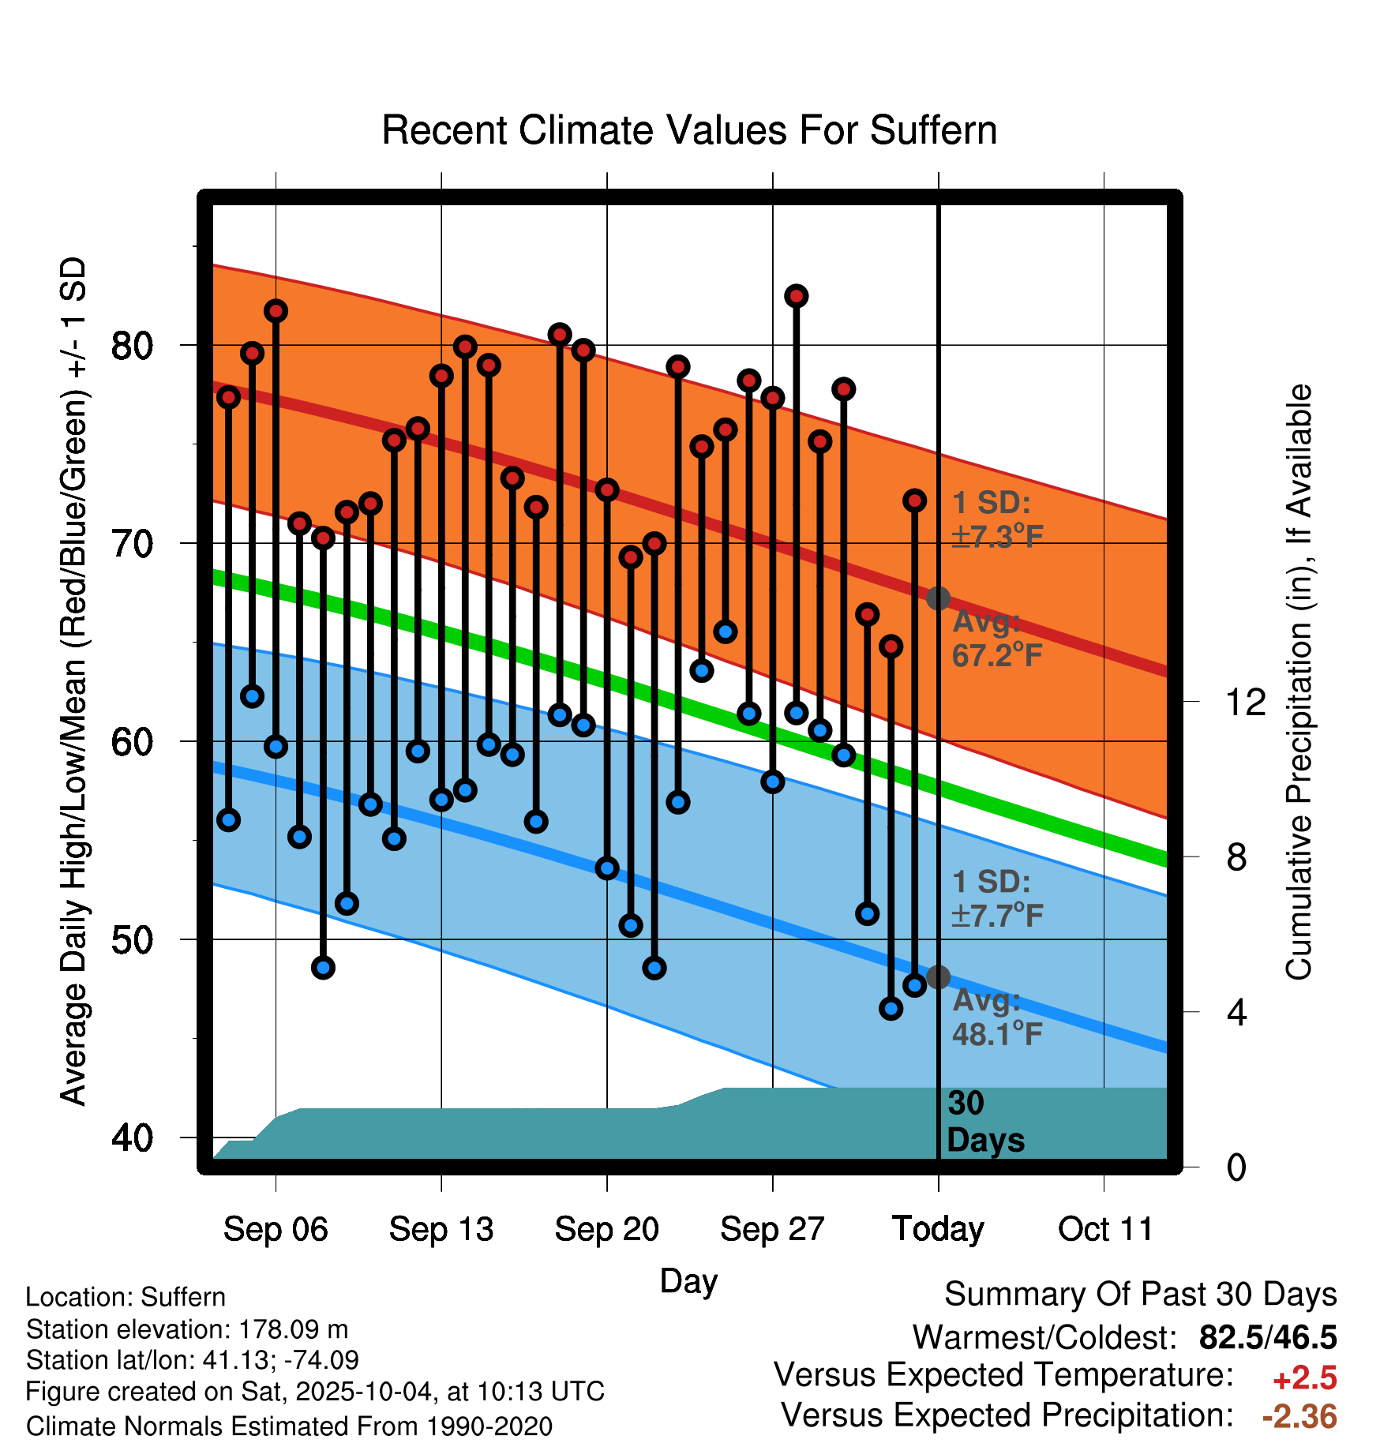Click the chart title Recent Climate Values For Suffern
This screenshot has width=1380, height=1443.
pos(689,130)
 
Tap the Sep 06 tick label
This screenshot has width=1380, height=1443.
pos(276,1229)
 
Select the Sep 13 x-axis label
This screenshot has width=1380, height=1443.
pos(441,1229)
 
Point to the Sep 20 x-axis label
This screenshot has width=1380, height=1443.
pos(606,1229)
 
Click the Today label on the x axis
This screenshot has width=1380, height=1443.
pos(938,1229)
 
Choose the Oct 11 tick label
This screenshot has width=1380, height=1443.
pos(1105,1229)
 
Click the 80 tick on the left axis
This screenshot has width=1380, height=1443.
pos(132,346)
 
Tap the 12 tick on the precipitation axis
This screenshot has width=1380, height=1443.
pos(1245,702)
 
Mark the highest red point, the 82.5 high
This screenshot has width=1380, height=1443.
pos(796,296)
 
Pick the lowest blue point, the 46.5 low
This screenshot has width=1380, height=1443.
pos(891,1008)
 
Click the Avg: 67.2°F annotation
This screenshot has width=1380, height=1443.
pos(996,639)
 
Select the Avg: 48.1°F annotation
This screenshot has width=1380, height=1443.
pos(996,1017)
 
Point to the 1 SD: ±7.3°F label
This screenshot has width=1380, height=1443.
pos(996,519)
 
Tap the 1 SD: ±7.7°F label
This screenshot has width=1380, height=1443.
pos(996,898)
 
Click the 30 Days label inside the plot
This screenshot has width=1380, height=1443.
pos(984,1122)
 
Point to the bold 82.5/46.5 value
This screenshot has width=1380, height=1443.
pos(1267,1337)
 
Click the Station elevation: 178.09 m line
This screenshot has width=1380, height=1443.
pos(187,1329)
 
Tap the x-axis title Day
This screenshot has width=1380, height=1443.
pos(688,1280)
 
